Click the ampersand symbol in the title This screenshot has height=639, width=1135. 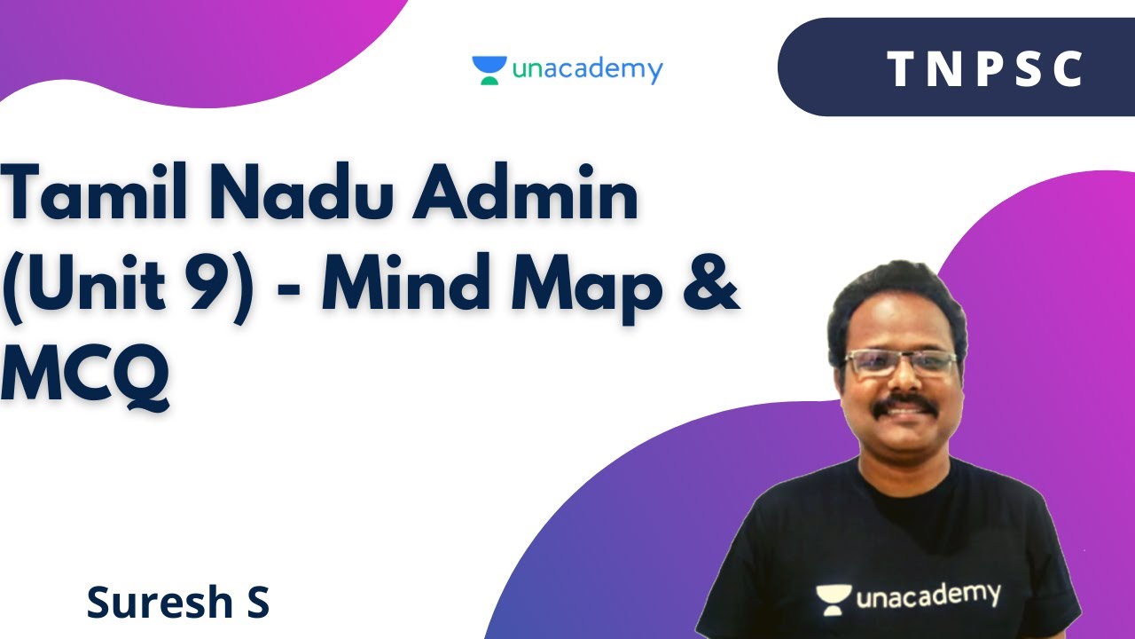pyautogui.click(x=710, y=286)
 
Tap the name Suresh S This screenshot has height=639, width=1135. pyautogui.click(x=177, y=603)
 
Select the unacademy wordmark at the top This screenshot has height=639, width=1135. pyautogui.click(x=587, y=70)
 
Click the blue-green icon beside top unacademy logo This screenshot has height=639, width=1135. pyautogui.click(x=489, y=70)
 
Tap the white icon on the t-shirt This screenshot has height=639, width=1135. pyautogui.click(x=834, y=600)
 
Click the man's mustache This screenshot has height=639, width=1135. pyautogui.click(x=904, y=406)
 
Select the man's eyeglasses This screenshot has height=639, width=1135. pyautogui.click(x=900, y=362)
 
